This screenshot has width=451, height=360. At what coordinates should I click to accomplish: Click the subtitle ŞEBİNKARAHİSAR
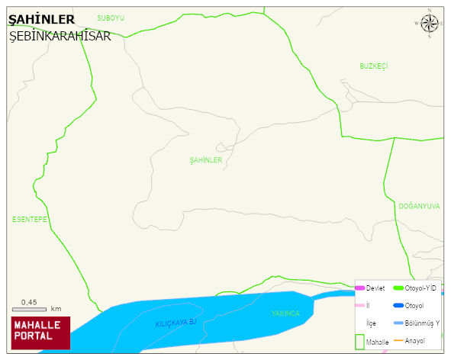(60, 36)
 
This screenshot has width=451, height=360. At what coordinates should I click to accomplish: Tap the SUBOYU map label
(111, 17)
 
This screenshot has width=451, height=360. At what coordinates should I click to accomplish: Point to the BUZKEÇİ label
(374, 66)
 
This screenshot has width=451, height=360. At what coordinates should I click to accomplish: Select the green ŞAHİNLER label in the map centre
(206, 160)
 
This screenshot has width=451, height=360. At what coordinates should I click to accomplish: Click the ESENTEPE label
(30, 220)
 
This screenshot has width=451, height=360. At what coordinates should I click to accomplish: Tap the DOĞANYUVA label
(419, 206)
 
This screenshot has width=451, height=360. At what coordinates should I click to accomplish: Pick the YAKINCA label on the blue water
(286, 313)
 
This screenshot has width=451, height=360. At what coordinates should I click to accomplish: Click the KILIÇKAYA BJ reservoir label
(176, 323)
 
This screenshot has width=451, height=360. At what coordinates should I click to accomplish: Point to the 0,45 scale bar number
(29, 302)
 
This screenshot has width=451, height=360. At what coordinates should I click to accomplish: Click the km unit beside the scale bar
(56, 309)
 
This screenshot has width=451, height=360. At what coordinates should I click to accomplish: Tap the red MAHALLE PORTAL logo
(40, 333)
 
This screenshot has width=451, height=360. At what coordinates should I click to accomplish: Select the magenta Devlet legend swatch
(360, 288)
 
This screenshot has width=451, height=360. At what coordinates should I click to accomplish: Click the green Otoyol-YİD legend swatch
(398, 288)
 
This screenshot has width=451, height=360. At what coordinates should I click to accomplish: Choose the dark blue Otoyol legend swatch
(398, 306)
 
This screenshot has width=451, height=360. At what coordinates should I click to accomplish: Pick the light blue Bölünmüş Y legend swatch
(398, 323)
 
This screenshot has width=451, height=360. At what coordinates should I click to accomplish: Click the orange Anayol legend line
(398, 340)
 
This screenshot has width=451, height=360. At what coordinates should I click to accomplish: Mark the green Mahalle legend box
(359, 341)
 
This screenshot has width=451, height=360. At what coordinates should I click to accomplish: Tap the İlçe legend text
(371, 323)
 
